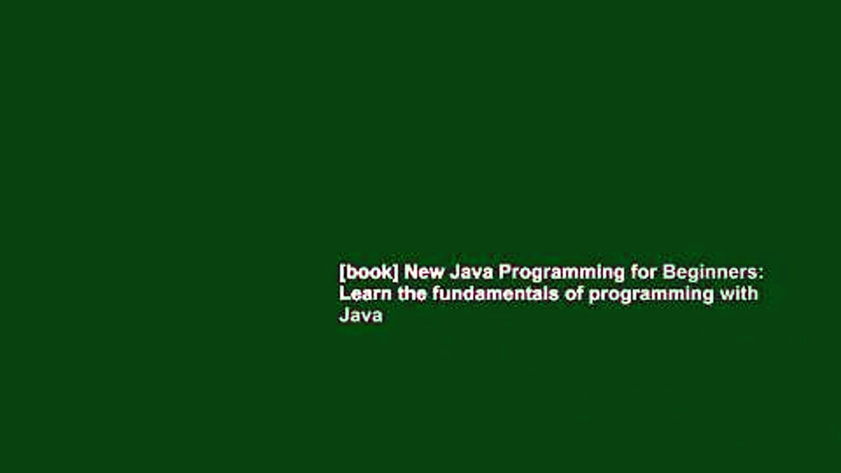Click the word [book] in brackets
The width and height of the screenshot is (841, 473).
click(369, 272)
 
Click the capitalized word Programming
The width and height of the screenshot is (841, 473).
click(561, 273)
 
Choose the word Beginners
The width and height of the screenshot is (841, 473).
click(710, 273)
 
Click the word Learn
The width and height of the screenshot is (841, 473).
click(365, 293)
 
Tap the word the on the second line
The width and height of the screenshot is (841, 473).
click(412, 293)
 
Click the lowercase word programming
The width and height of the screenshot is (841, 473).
click(651, 294)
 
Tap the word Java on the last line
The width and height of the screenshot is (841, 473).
click(361, 315)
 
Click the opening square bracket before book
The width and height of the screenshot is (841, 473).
click(341, 273)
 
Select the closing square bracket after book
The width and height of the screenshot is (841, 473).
click(396, 273)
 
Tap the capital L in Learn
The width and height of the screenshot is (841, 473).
click(344, 293)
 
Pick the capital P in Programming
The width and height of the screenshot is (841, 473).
click(504, 272)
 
